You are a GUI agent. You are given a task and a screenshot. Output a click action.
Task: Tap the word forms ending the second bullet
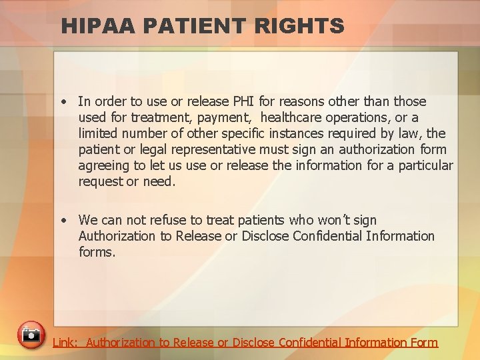(x=97, y=252)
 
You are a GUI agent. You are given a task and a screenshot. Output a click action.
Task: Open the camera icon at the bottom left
(x=31, y=335)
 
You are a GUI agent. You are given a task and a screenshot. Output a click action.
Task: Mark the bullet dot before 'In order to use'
(x=62, y=102)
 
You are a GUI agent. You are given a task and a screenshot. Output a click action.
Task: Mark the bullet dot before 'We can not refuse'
(x=62, y=221)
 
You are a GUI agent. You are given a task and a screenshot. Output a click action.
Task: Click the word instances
(x=293, y=133)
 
